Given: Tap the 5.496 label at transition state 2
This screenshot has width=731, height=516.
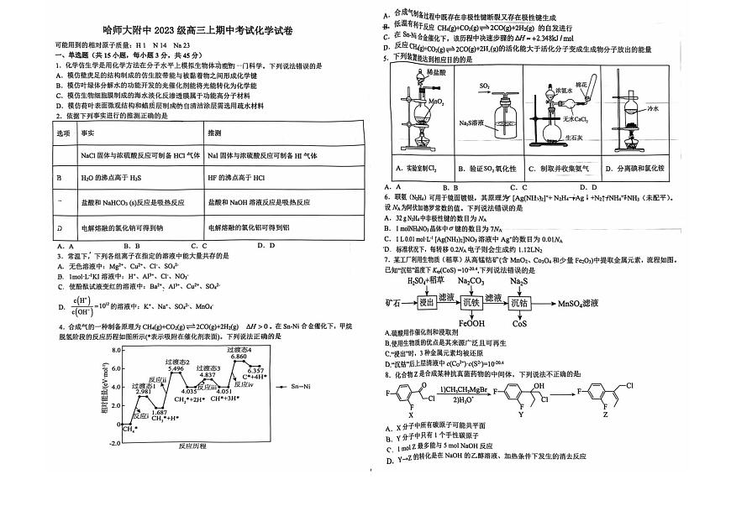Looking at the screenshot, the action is click(x=176, y=368).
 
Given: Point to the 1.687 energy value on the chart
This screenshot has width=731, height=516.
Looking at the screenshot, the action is click(x=158, y=413).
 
